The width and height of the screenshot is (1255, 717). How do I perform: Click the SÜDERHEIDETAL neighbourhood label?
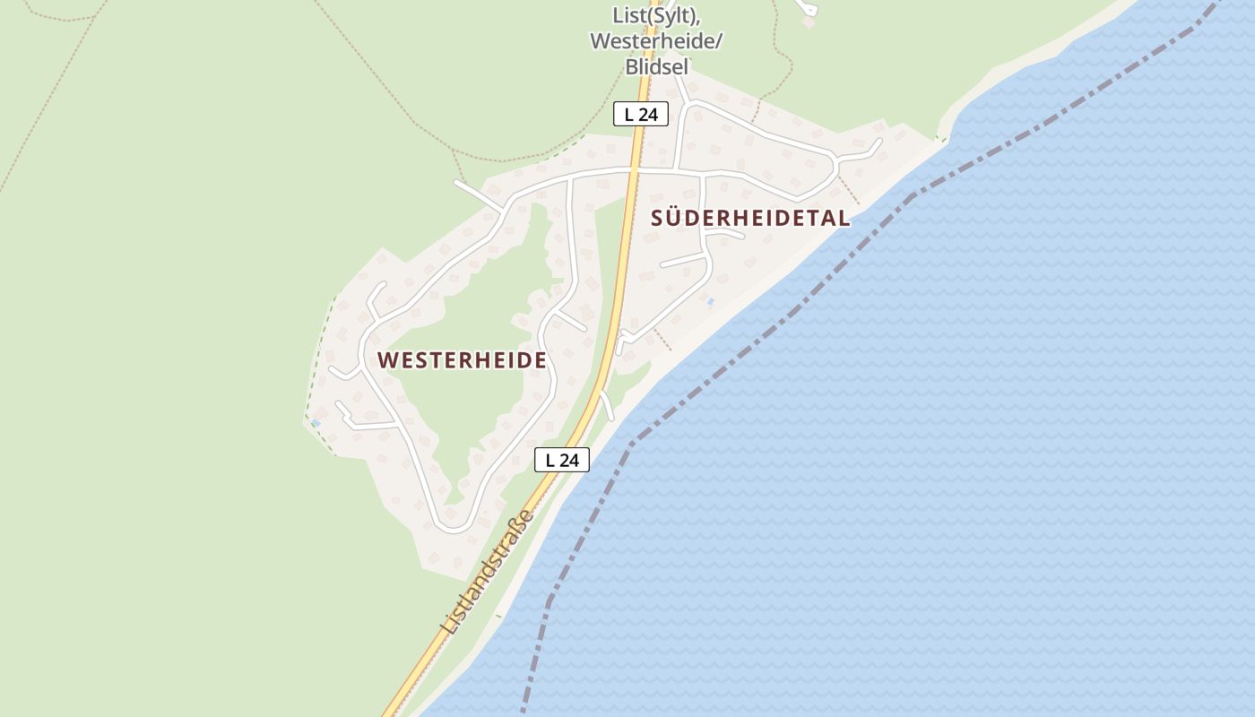tap(750, 218)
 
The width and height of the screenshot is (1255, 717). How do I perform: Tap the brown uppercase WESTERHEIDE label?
tap(462, 360)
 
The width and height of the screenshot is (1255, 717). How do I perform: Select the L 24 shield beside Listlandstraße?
tap(562, 460)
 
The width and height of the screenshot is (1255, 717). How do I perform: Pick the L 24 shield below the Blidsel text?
tap(641, 114)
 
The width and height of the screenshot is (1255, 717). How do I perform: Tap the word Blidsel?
tap(656, 66)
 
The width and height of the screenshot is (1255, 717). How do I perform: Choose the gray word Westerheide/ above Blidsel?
tap(656, 41)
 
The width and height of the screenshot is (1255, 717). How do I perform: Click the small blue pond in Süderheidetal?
tap(711, 302)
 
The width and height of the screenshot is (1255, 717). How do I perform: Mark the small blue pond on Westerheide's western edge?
tap(316, 422)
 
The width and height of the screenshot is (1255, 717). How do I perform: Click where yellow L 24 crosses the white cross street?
tap(635, 168)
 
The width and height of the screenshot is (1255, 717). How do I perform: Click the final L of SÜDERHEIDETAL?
tap(844, 218)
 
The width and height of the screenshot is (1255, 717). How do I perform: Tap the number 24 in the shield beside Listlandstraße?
tap(570, 460)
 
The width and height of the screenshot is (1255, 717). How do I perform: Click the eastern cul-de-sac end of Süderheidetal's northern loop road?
tap(878, 143)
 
